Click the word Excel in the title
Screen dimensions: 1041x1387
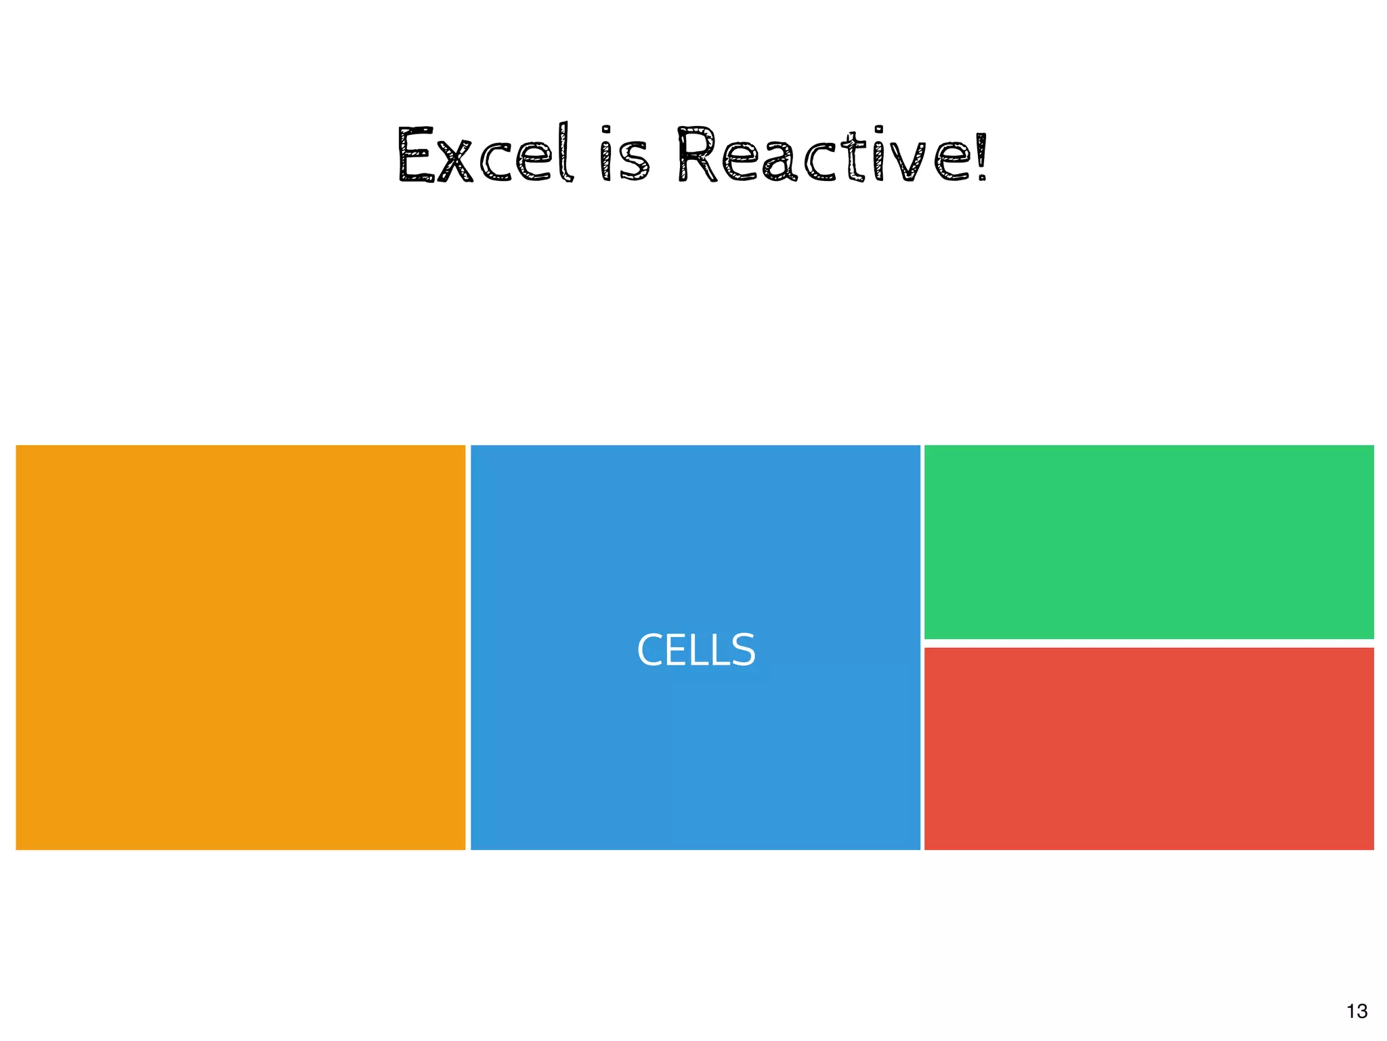pyautogui.click(x=485, y=155)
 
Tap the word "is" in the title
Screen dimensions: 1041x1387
pyautogui.click(x=625, y=155)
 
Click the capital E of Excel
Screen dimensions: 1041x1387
pyautogui.click(x=415, y=155)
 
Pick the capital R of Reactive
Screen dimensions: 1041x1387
pyautogui.click(x=697, y=155)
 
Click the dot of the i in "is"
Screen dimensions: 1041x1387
pyautogui.click(x=606, y=130)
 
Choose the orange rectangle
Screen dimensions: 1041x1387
pyautogui.click(x=240, y=647)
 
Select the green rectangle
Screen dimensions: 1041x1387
pyautogui.click(x=1149, y=542)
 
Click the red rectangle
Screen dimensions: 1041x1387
pyautogui.click(x=1149, y=748)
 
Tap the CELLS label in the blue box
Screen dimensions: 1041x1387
pyautogui.click(x=696, y=650)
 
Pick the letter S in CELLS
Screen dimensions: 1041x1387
pyautogui.click(x=744, y=650)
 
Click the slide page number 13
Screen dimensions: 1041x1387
pyautogui.click(x=1357, y=1011)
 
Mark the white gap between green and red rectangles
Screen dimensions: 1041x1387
pyautogui.click(x=1149, y=643)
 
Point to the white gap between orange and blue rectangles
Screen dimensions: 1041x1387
pyautogui.click(x=468, y=647)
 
